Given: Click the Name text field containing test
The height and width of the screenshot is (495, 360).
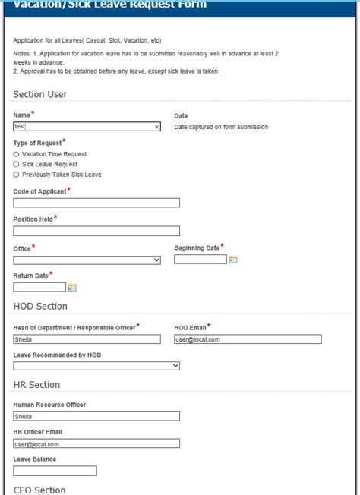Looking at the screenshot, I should tap(84, 127).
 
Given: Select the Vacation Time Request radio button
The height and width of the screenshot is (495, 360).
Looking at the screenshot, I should tap(17, 154).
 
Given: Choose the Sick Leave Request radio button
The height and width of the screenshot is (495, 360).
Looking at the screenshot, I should tap(17, 164).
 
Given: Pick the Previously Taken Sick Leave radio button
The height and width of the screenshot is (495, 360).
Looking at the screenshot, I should tap(17, 175).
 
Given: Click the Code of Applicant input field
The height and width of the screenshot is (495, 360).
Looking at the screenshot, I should tap(96, 203).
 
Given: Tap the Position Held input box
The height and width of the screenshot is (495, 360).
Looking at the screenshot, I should tap(96, 231).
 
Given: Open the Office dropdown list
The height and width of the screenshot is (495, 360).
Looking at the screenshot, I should tap(87, 260).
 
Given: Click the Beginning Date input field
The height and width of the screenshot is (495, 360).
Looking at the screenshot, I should tap(201, 260).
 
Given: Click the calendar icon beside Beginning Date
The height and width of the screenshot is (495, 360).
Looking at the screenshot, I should tap(233, 260).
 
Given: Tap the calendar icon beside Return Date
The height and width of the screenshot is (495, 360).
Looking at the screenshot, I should tap(73, 288).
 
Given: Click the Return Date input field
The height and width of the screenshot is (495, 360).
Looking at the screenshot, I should tap(39, 287).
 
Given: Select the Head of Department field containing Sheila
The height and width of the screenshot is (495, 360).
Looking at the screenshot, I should tap(87, 339).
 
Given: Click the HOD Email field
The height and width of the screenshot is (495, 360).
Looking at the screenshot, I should tap(248, 339).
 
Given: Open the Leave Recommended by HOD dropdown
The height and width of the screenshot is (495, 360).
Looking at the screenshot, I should tap(96, 365).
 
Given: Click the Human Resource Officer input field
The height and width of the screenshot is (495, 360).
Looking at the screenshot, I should tap(96, 416).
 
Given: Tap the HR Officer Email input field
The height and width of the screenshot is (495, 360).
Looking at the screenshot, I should tap(96, 443).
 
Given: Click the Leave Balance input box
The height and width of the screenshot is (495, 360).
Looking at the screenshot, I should tap(55, 471).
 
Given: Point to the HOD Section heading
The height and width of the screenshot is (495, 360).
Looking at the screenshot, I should tap(40, 306).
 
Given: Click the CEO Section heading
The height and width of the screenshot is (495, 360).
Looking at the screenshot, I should tap(39, 490).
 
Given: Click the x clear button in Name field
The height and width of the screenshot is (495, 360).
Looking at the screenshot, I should tap(156, 128).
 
